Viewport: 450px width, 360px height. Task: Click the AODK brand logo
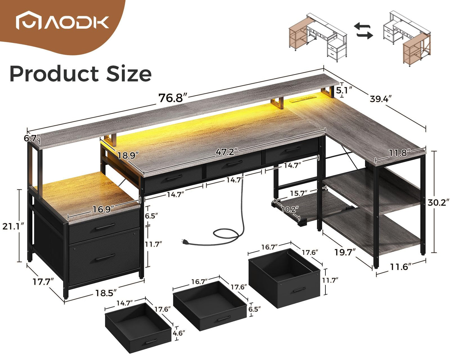[62, 20]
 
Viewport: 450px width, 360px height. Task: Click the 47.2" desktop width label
[227, 152]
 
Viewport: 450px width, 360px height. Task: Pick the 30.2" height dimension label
[438, 202]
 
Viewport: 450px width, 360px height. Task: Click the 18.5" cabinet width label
[106, 293]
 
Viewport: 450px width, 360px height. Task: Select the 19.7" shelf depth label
[345, 252]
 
